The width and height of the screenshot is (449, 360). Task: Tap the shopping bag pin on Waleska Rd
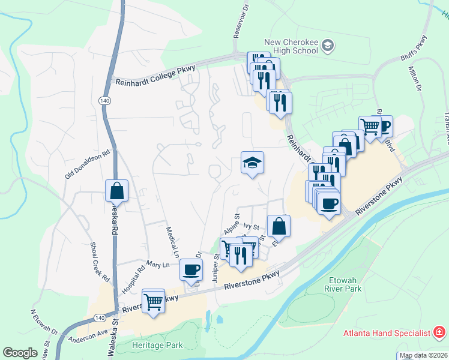click(117, 191)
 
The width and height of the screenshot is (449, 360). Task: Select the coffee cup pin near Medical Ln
click(191, 269)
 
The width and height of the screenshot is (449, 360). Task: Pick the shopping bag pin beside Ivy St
click(279, 226)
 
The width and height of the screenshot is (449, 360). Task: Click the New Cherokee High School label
click(291, 46)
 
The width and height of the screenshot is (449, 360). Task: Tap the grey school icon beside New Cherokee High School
click(328, 44)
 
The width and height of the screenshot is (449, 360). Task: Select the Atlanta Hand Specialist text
click(387, 333)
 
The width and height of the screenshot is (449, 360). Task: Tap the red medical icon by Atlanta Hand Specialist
click(439, 332)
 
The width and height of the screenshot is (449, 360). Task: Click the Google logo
click(20, 353)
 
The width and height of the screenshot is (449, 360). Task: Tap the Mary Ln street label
click(158, 263)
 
